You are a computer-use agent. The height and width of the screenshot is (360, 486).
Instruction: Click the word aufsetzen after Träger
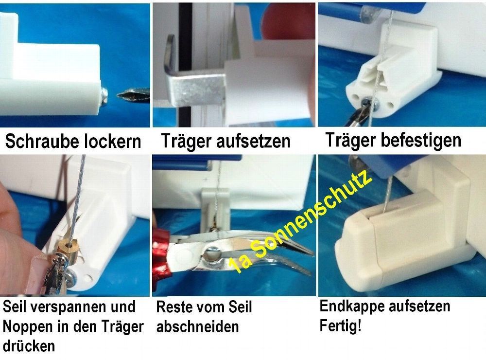coord(253,141)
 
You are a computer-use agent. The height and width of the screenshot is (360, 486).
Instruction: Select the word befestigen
coord(421,140)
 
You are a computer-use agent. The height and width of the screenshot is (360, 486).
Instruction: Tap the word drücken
coord(29,345)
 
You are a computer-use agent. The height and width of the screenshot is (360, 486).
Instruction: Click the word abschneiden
coord(197,327)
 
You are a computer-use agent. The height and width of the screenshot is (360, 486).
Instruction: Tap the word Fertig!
coord(340,326)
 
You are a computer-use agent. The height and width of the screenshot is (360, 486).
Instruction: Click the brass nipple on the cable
coord(67,247)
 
